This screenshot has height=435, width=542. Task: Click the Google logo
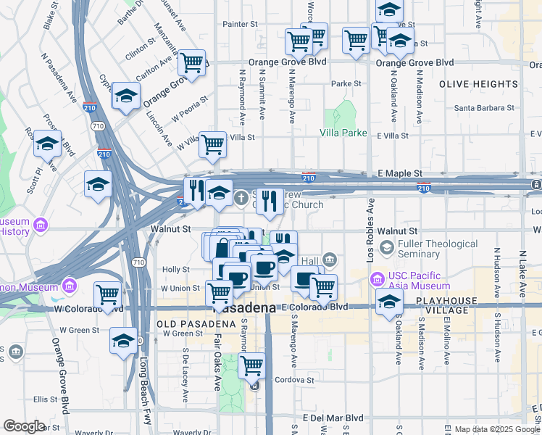24,426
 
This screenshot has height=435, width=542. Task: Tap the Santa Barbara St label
484,108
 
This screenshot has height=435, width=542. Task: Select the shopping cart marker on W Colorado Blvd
108,294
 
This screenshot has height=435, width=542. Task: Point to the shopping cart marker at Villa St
213,144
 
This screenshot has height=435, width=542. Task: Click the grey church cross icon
244,196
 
